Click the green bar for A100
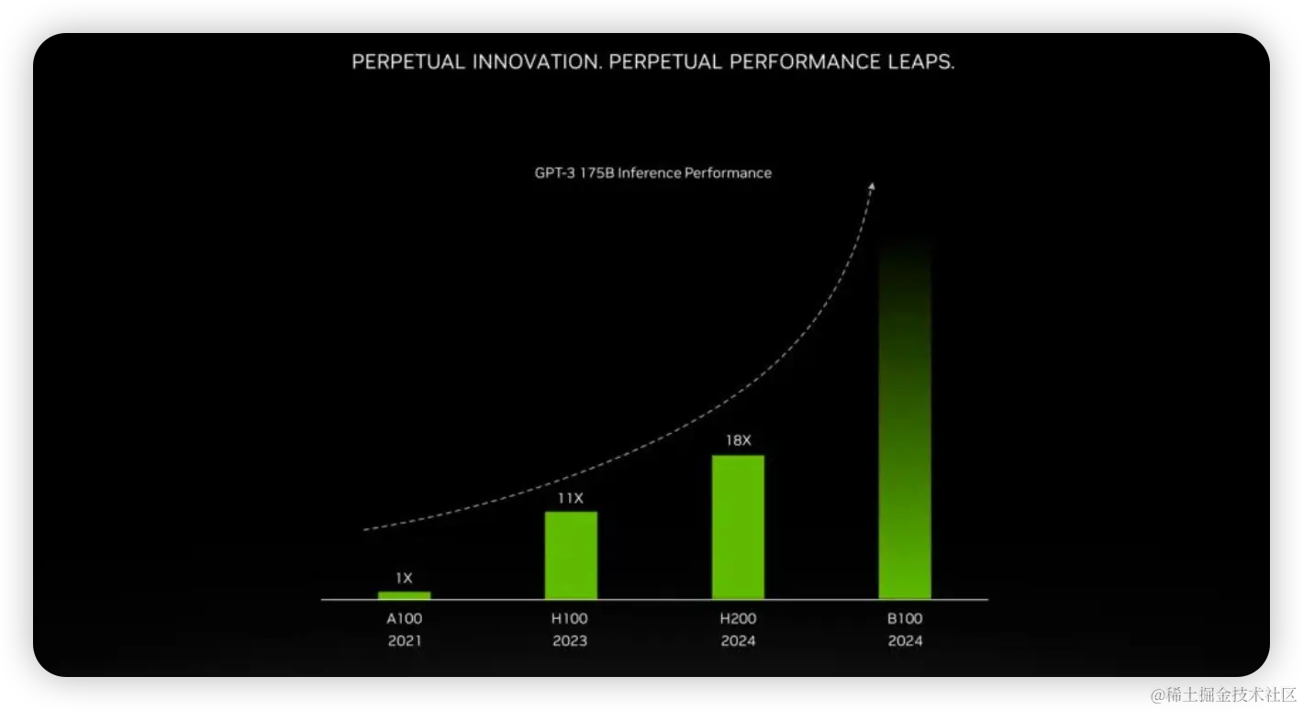(x=405, y=594)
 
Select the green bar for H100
(x=571, y=555)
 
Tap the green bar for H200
(x=738, y=527)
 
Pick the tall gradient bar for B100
(x=905, y=418)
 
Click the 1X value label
(x=405, y=578)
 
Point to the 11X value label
(x=571, y=498)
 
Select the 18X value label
(x=738, y=441)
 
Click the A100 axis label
(x=405, y=618)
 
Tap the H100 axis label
(x=570, y=618)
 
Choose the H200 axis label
(x=738, y=618)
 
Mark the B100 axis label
(x=905, y=618)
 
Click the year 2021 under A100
(x=405, y=641)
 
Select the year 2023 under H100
(x=570, y=641)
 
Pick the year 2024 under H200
(x=738, y=641)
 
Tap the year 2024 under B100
(x=905, y=641)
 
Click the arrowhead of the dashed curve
(x=872, y=185)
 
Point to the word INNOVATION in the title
(x=537, y=61)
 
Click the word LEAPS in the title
(x=921, y=61)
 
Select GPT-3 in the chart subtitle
(x=554, y=172)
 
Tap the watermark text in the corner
(x=1223, y=695)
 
